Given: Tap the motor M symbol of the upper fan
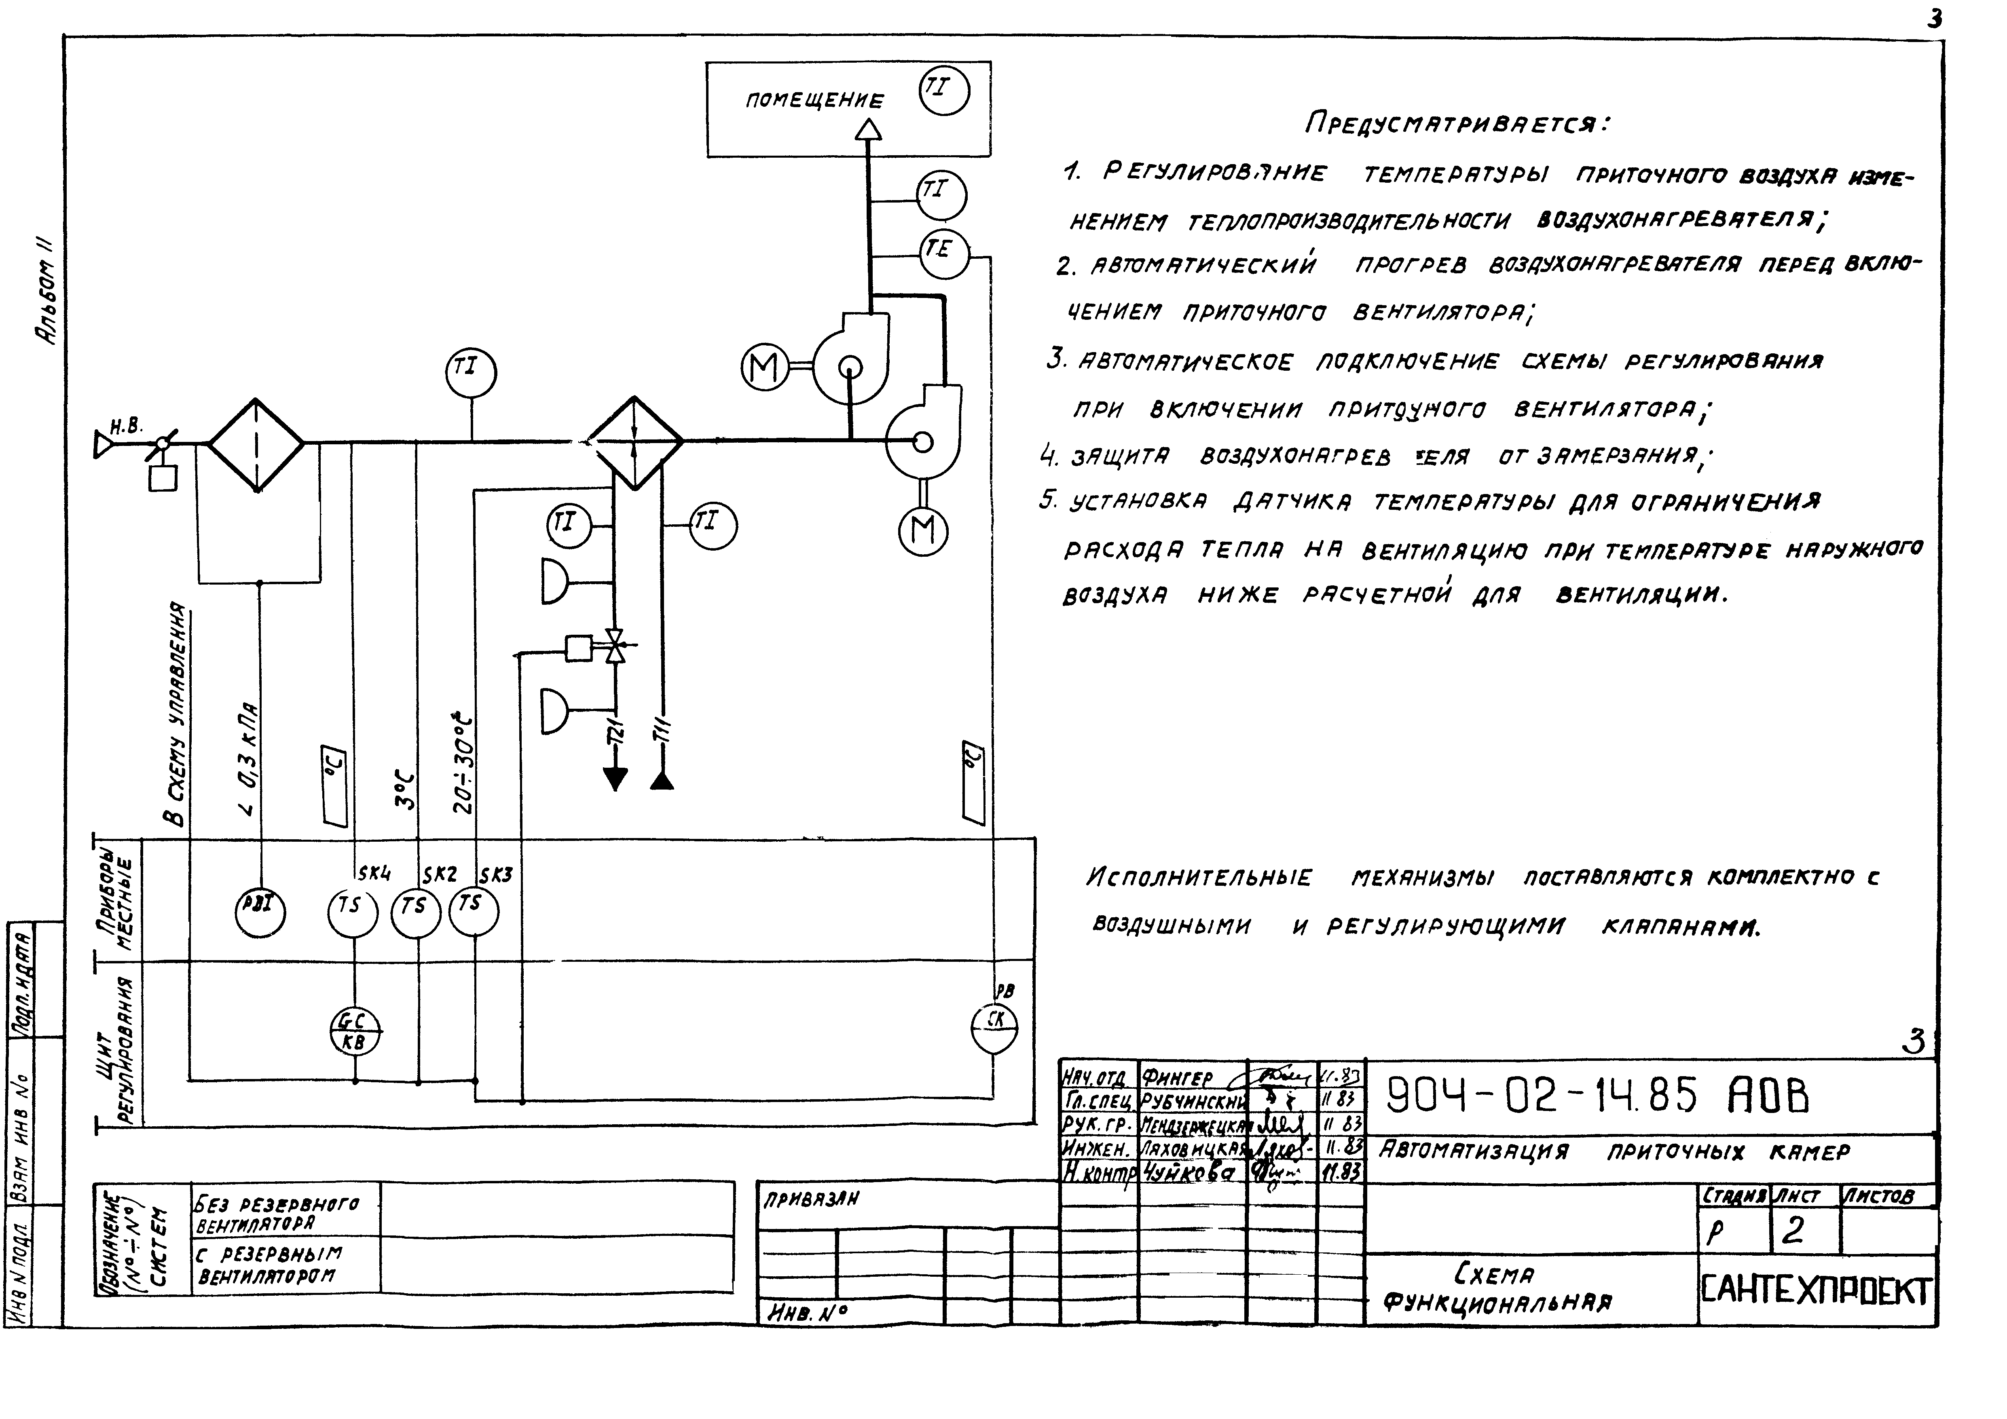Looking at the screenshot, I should tap(765, 369).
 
